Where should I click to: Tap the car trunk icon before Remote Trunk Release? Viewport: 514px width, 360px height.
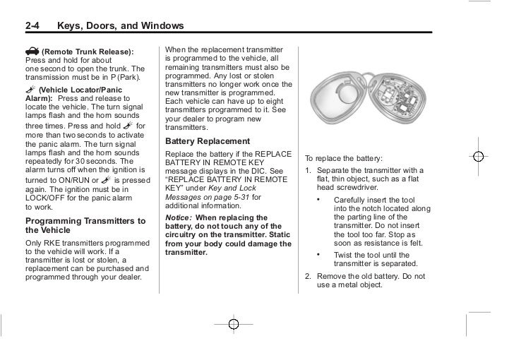(32, 51)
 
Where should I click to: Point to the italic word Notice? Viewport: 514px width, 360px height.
(178, 217)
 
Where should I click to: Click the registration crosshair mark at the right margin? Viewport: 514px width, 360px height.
(478, 156)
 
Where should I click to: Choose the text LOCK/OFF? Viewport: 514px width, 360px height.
(48, 198)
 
